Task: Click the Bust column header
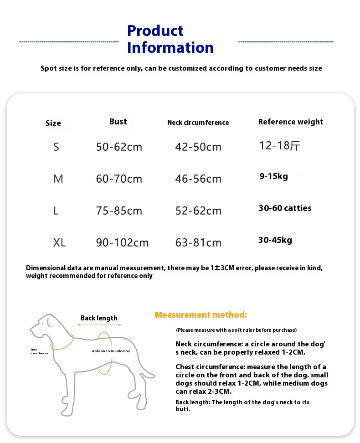pos(118,122)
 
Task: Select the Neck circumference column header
pos(198,123)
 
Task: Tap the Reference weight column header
pos(290,122)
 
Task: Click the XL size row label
pos(59,242)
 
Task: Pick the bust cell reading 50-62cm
pos(119,147)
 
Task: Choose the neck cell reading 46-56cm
pos(198,179)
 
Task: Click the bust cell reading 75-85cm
pos(119,211)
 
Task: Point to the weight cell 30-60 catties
pos(285,208)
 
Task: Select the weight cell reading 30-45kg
pos(275,240)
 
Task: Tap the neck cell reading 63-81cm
pos(198,242)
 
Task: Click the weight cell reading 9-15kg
pos(273,176)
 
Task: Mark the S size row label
pos(56,147)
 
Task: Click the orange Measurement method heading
pos(201,314)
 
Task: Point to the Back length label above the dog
pos(99,318)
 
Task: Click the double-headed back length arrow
pos(99,325)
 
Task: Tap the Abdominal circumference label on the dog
pos(111,351)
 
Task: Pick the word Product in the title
pos(155,31)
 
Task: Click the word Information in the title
pos(170,47)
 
